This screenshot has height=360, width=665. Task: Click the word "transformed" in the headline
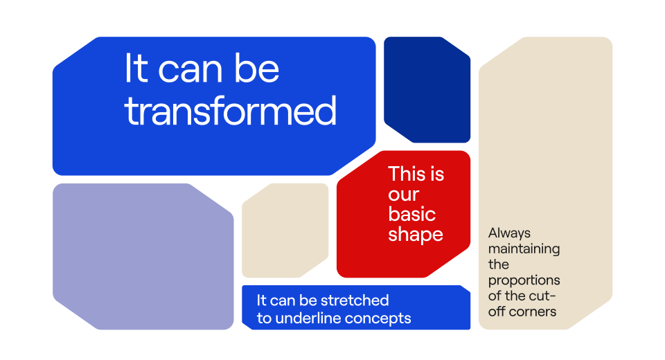tap(231, 111)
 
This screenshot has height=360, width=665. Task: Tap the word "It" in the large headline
tap(136, 69)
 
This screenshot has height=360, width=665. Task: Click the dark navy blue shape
tap(427, 89)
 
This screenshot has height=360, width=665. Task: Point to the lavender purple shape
tap(143, 256)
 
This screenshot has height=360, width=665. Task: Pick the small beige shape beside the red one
tap(285, 231)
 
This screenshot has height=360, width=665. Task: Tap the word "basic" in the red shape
tap(411, 214)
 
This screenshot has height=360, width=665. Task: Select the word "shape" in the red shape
tap(416, 235)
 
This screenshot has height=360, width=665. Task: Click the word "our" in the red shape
tap(403, 195)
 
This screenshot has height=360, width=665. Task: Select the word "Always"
tap(509, 233)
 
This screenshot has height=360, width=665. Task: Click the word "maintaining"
tap(524, 249)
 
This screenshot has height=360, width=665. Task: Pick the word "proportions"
tap(524, 280)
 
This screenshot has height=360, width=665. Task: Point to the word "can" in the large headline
tap(190, 71)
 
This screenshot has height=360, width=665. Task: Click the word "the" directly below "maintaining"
tap(498, 264)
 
